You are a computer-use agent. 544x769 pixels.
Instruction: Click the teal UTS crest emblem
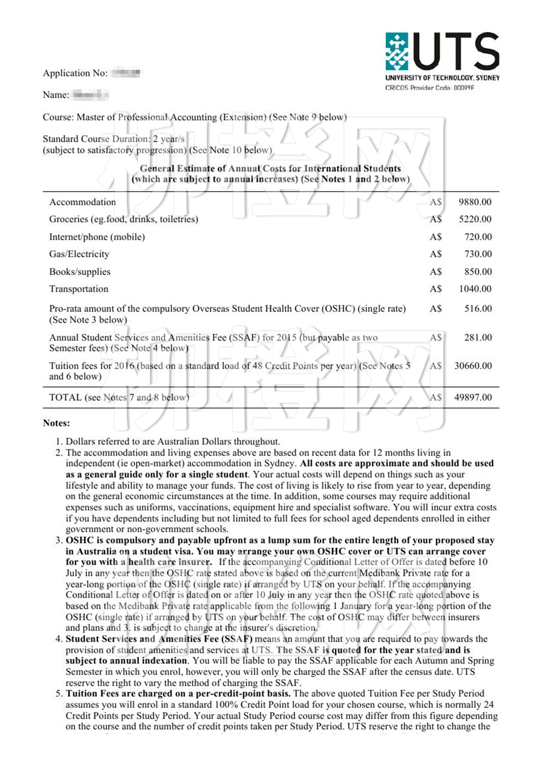[396, 51]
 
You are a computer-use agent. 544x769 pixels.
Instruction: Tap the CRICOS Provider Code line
[429, 88]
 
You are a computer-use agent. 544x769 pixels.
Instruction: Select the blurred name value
[91, 94]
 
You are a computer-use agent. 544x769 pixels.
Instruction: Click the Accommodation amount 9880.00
[475, 202]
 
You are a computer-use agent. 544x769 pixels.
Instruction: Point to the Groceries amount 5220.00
[475, 219]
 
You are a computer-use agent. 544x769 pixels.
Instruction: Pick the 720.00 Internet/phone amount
[478, 237]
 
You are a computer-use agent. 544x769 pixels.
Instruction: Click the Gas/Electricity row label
[79, 254]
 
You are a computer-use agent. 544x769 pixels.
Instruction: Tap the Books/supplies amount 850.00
[478, 272]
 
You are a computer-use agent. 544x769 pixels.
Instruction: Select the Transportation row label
[78, 289]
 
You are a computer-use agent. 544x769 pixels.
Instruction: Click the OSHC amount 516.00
[478, 309]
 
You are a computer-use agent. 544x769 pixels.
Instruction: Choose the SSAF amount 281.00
[478, 337]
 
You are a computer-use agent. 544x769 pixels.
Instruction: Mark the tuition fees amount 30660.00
[473, 366]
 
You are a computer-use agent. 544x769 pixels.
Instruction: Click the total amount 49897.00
[473, 397]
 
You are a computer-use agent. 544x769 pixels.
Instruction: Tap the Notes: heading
[56, 423]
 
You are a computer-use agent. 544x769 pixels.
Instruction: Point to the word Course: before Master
[58, 117]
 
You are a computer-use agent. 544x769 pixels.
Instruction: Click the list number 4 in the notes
[59, 639]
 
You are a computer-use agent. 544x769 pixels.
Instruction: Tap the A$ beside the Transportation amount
[436, 289]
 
